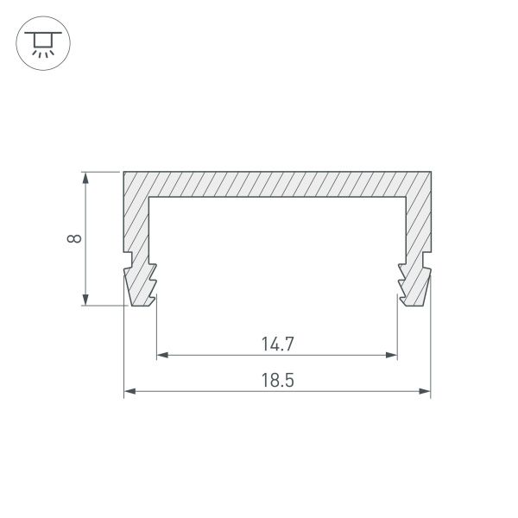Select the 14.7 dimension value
coord(278,343)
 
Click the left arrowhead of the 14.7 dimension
coord(161,355)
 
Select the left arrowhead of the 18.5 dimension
coord(129,392)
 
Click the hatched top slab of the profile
coord(277,184)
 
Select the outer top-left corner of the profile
coord(124,172)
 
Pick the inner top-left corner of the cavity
coord(150,198)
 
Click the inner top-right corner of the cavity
coord(404,198)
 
